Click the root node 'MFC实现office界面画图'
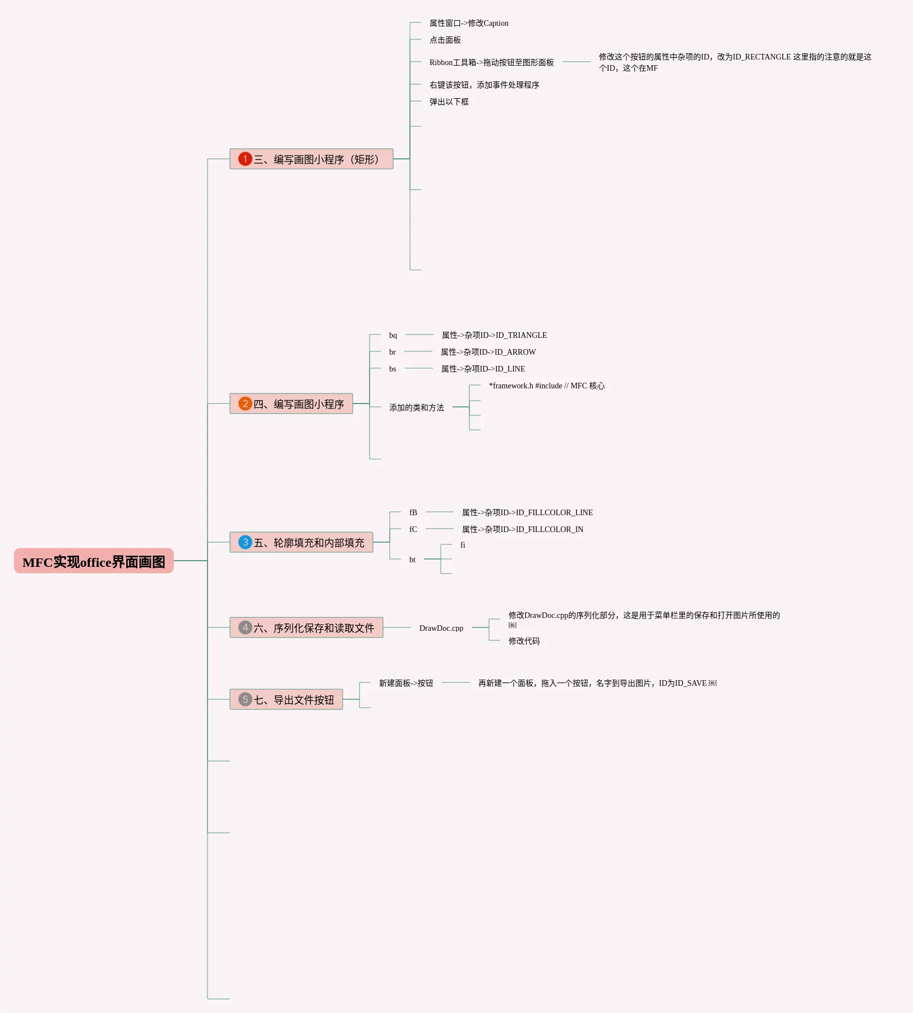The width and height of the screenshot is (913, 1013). tap(94, 561)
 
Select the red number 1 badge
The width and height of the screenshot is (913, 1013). tap(245, 159)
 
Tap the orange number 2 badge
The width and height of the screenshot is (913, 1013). tap(245, 404)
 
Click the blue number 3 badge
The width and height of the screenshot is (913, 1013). tap(245, 542)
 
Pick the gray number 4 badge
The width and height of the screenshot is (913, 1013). tap(245, 627)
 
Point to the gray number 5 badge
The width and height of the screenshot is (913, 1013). tap(245, 699)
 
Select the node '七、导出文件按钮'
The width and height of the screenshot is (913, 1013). tap(293, 700)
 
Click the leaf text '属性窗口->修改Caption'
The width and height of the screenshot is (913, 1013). tap(469, 23)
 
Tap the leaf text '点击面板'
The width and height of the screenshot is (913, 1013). tap(445, 40)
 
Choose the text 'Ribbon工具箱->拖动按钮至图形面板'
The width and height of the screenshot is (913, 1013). tap(491, 62)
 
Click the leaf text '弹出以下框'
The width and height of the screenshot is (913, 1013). tap(449, 102)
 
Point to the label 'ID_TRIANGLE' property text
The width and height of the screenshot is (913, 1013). tap(494, 335)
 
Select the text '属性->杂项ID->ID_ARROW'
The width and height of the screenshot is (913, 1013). tap(488, 352)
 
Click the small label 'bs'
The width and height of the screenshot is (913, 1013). tap(393, 369)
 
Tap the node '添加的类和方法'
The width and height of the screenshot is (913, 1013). tap(416, 407)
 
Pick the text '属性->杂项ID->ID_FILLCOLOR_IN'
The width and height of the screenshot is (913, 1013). tap(522, 529)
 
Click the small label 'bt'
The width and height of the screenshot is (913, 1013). tap(412, 560)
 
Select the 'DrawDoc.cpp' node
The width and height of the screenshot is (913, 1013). tap(441, 628)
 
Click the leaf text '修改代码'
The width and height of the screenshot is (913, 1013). tap(524, 641)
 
